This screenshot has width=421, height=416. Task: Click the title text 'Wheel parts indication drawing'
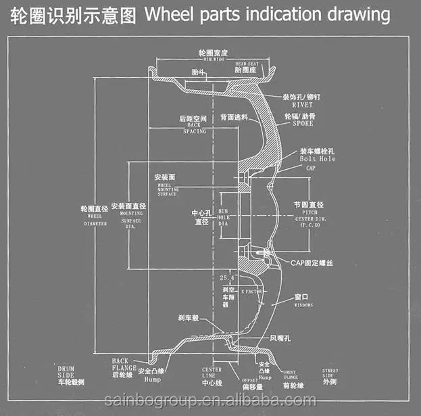(268, 14)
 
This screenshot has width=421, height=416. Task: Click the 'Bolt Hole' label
(317, 158)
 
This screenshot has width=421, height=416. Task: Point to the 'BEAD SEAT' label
(247, 62)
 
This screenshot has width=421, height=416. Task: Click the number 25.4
(229, 277)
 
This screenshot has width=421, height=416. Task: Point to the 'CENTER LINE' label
(212, 373)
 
